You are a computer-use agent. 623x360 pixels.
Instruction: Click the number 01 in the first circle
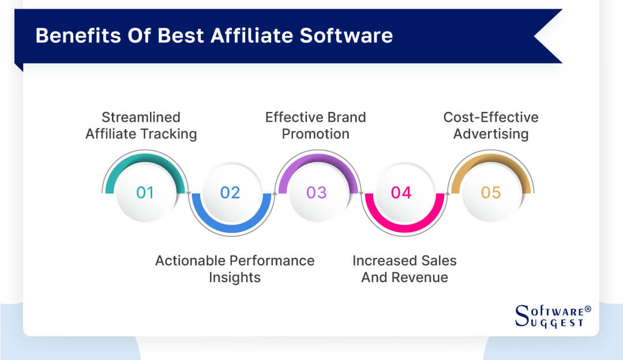(145, 192)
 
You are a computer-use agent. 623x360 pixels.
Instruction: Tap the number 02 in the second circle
(230, 192)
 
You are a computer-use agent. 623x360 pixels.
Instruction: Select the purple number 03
(316, 192)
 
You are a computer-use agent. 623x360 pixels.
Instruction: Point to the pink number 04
(401, 192)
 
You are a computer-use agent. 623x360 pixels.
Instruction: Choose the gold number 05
(491, 192)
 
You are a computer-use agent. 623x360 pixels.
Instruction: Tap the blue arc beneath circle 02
(230, 227)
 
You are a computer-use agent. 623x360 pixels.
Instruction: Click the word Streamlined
(141, 118)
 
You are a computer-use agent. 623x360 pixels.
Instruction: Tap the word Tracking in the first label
(171, 134)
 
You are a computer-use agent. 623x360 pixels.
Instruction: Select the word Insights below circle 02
(235, 277)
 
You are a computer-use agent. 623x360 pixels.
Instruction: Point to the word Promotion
(316, 134)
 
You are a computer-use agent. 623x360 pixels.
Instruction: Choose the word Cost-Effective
(491, 118)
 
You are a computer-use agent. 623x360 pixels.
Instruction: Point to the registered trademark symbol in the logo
(588, 309)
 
